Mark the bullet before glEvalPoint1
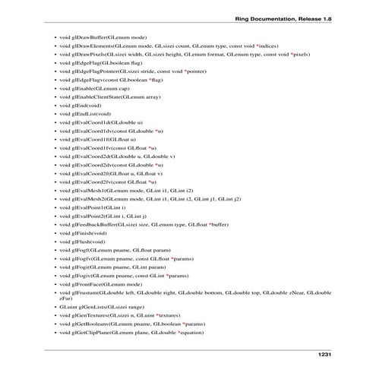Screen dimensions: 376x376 (52, 207)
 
